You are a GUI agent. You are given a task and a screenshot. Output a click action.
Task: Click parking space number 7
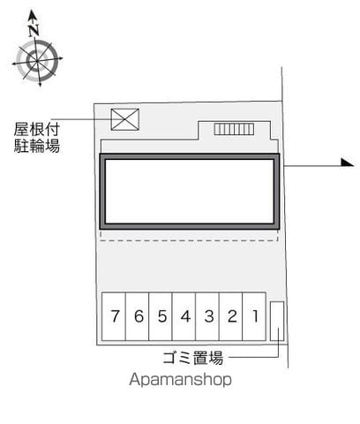pos(114,316)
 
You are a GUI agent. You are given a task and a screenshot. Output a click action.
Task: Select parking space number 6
pos(138,316)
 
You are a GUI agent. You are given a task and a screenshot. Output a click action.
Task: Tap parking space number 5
pos(161,316)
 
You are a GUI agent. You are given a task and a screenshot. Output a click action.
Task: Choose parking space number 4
pos(184,316)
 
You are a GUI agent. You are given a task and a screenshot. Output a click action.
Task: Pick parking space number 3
pos(207,316)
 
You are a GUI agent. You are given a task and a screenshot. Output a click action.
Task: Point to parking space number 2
pos(231,316)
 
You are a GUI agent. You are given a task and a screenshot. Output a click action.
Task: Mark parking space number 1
pos(254,316)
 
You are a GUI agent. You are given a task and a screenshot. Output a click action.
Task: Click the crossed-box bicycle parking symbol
pos(125,119)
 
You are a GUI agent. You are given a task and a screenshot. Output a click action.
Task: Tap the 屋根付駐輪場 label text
pos(37,138)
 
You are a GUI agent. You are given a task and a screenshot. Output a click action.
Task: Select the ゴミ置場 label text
pos(193,358)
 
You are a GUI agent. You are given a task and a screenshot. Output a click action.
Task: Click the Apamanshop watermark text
pos(180,379)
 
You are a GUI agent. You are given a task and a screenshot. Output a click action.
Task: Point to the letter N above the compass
pos(34,30)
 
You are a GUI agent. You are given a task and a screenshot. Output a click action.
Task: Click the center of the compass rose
pos(37,61)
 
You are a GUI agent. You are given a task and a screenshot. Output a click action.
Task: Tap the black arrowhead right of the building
pos(348,163)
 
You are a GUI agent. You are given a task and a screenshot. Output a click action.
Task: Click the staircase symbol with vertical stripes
pos(234,129)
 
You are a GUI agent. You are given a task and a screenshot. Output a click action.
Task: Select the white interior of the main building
pos(190,192)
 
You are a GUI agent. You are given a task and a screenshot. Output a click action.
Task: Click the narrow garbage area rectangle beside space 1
pos(277,321)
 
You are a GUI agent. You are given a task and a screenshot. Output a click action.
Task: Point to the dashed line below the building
pos(190,240)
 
